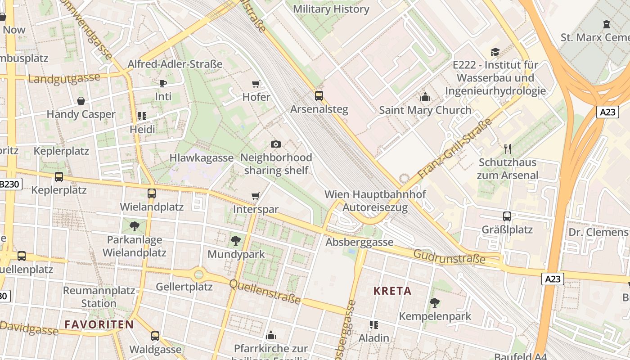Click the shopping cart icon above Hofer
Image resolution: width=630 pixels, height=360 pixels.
256,84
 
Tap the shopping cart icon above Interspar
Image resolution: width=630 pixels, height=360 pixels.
256,196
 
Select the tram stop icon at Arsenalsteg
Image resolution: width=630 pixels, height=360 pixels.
319,95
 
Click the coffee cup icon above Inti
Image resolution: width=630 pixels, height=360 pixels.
163,83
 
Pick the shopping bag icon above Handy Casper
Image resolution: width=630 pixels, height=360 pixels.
81,100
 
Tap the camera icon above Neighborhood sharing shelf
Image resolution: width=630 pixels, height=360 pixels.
276,144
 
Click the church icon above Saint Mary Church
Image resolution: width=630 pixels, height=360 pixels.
425,97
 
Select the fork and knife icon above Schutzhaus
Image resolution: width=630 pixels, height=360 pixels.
508,148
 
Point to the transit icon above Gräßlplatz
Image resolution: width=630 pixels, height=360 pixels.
507,216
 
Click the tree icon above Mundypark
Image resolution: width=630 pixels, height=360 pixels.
235,241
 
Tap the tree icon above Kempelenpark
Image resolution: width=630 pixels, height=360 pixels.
434,302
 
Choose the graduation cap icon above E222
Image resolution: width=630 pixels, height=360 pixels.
495,51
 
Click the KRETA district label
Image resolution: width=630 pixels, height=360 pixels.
392,291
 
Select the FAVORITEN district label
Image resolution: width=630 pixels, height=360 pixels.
99,324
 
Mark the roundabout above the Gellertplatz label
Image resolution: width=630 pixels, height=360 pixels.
198,274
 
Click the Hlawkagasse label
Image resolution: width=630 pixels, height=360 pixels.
201,158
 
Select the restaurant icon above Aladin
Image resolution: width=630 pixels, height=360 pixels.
373,324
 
